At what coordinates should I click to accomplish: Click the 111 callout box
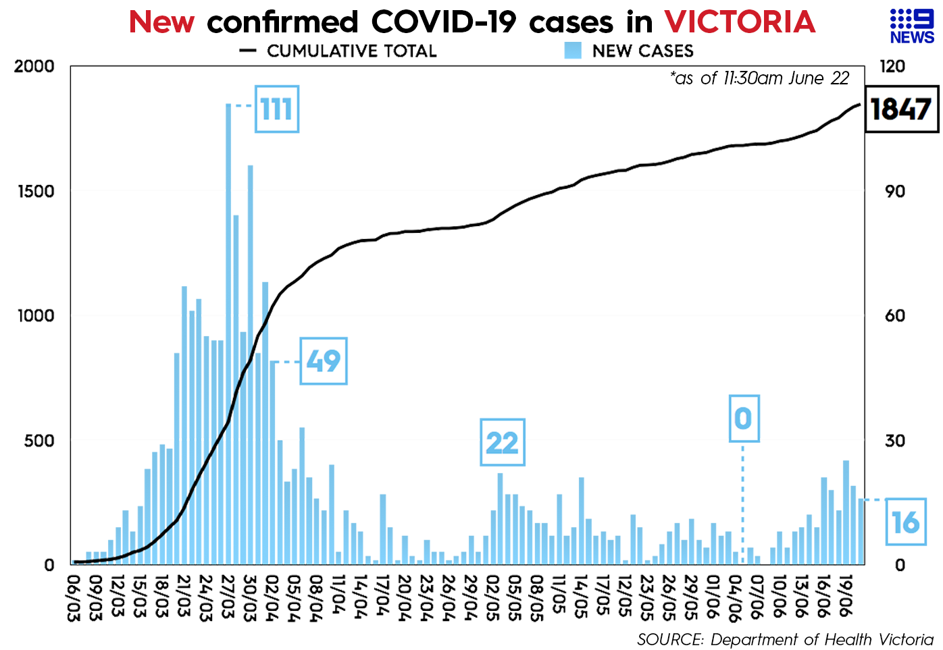point(276,109)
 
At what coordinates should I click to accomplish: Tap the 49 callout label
point(323,361)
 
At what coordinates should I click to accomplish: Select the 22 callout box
point(502,443)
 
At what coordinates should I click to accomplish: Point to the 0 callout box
point(744,418)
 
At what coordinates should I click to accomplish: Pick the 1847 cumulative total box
point(901,109)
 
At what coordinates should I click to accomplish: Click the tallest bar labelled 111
point(228,333)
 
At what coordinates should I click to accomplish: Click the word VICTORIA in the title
point(740,22)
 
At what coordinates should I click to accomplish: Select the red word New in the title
point(161,22)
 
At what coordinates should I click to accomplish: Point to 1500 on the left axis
point(36,191)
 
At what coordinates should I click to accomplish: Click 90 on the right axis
point(894,191)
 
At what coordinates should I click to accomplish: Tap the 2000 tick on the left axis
point(34,66)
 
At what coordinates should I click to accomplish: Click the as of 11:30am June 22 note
point(760,78)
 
